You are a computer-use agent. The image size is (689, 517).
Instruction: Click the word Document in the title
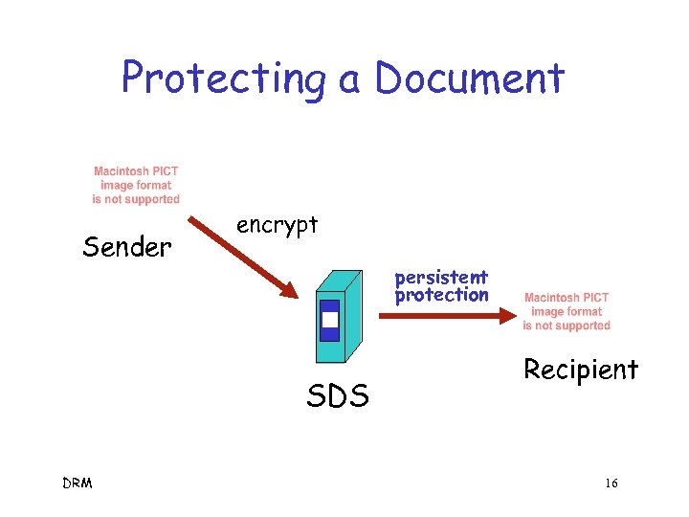point(470,77)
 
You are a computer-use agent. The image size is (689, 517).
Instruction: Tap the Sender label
point(127,247)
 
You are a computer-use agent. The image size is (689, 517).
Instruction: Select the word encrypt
point(277,226)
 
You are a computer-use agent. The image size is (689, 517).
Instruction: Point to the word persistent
point(441,278)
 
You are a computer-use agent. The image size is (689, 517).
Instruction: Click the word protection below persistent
point(441,295)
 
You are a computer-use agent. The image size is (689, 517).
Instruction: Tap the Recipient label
point(580,369)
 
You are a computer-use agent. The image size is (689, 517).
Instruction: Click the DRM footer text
point(77,483)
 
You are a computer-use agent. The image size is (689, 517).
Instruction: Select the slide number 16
point(611,483)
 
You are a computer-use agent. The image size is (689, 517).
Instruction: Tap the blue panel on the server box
point(329,321)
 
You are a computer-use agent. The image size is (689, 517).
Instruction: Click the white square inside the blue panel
point(329,320)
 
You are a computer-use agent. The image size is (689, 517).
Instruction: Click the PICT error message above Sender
point(136,185)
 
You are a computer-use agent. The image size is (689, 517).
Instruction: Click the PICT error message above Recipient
point(567,311)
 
